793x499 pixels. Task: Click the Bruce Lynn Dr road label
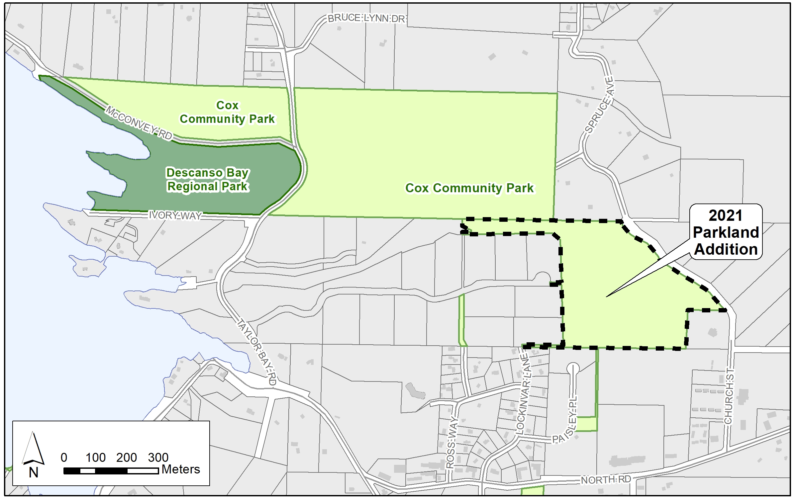[x=366, y=19]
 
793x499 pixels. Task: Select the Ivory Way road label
[x=175, y=215]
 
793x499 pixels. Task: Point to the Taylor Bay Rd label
[x=257, y=352]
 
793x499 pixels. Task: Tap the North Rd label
[x=606, y=479]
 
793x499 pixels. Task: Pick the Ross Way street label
[x=450, y=443]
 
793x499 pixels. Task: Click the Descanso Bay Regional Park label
[x=208, y=180]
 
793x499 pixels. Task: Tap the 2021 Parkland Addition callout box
[x=726, y=232]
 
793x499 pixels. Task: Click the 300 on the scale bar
[x=158, y=457]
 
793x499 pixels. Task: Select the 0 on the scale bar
[x=64, y=457]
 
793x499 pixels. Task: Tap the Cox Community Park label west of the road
[x=227, y=112]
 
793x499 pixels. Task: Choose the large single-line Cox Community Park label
[x=469, y=188]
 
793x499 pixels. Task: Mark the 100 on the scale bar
[x=96, y=457]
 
